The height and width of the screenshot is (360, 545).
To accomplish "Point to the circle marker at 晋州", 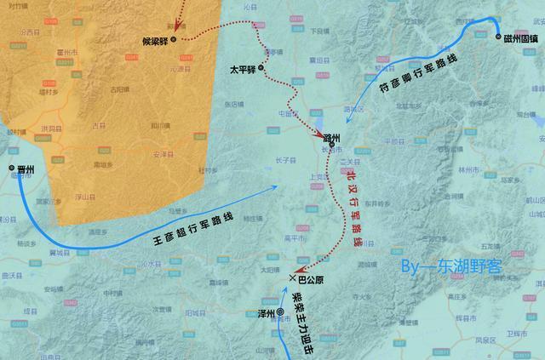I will point(12,168).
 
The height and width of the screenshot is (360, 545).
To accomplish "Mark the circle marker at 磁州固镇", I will point(498,36).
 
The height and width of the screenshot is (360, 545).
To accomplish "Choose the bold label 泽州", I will point(267,314).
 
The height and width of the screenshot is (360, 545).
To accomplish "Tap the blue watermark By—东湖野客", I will point(451,266).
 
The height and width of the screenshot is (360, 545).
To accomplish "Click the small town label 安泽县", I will point(163,155).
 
